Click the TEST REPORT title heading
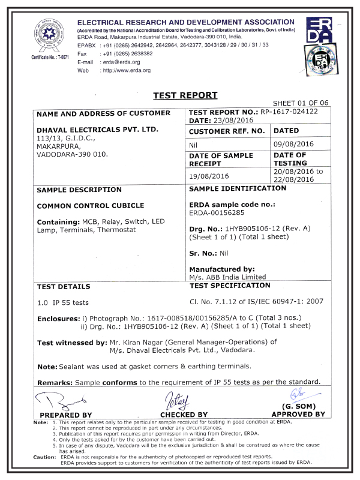(185, 95)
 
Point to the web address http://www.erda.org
(128, 70)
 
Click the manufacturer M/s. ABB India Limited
(227, 277)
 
